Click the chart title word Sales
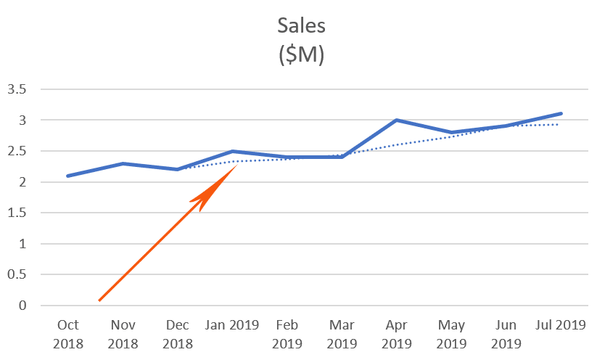pos(302,25)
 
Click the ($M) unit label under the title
pos(302,56)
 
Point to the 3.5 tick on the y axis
pos(17,89)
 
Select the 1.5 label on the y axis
pos(17,213)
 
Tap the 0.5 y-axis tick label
pos(17,275)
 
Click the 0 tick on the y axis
pos(22,306)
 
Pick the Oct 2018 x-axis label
pos(67,334)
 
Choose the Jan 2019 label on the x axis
pos(232,324)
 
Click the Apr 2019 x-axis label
pos(396,334)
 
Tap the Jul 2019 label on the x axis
pos(561,324)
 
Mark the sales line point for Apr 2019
pos(396,120)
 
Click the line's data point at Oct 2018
pos(67,176)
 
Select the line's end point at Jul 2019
pos(561,114)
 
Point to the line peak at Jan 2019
pos(232,151)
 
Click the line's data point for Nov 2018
pos(123,163)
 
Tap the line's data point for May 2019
pos(451,133)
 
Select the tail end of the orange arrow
pos(100,299)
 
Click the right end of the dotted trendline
pos(557,124)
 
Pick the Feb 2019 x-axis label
pos(287,334)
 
